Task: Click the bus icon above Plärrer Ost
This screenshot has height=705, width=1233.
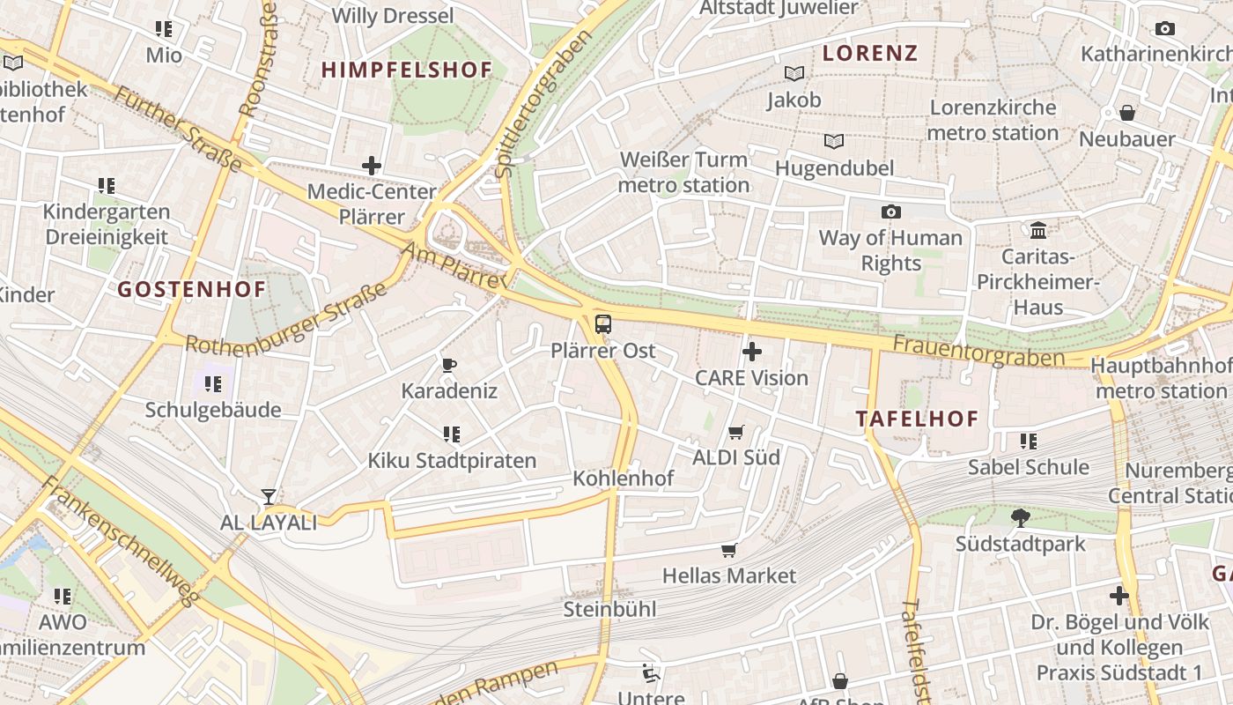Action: pos(603,324)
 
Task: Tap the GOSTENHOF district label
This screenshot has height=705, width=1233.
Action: pos(192,289)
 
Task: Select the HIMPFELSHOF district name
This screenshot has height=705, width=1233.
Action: pos(406,70)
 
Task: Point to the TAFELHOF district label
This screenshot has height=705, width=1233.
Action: pos(918,419)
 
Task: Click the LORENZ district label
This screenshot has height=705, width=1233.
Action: pos(870,53)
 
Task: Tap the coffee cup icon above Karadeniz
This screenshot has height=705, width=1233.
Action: pos(449,365)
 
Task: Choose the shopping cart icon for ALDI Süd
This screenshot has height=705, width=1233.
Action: pos(736,432)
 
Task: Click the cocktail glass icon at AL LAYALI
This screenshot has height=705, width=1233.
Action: pos(268,497)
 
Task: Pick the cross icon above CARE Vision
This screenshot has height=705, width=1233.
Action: pos(751,352)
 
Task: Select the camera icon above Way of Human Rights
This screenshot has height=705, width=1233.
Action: pos(890,211)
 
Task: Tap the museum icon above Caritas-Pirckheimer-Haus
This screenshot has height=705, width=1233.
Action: pos(1038,230)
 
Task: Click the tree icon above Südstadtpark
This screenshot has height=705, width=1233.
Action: pos(1021,518)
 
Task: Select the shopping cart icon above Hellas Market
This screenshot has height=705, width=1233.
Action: pos(728,551)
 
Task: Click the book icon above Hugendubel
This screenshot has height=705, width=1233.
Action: pos(833,141)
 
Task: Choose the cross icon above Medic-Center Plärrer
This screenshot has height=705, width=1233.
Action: pos(372,165)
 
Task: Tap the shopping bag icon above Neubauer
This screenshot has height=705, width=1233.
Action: pos(1126,113)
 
